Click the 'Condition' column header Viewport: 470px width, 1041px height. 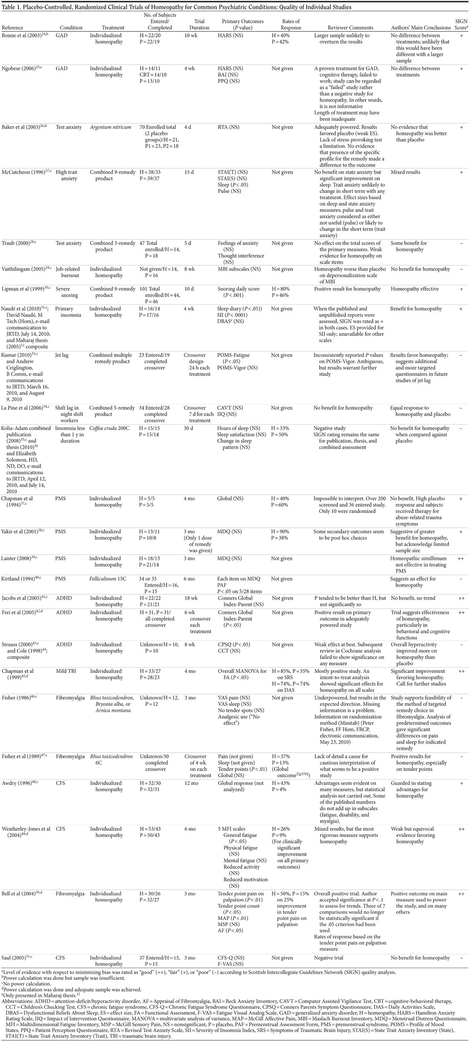[x=69, y=28]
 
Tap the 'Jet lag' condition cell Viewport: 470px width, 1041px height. [x=64, y=355]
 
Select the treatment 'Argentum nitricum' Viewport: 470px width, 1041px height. [x=110, y=127]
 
